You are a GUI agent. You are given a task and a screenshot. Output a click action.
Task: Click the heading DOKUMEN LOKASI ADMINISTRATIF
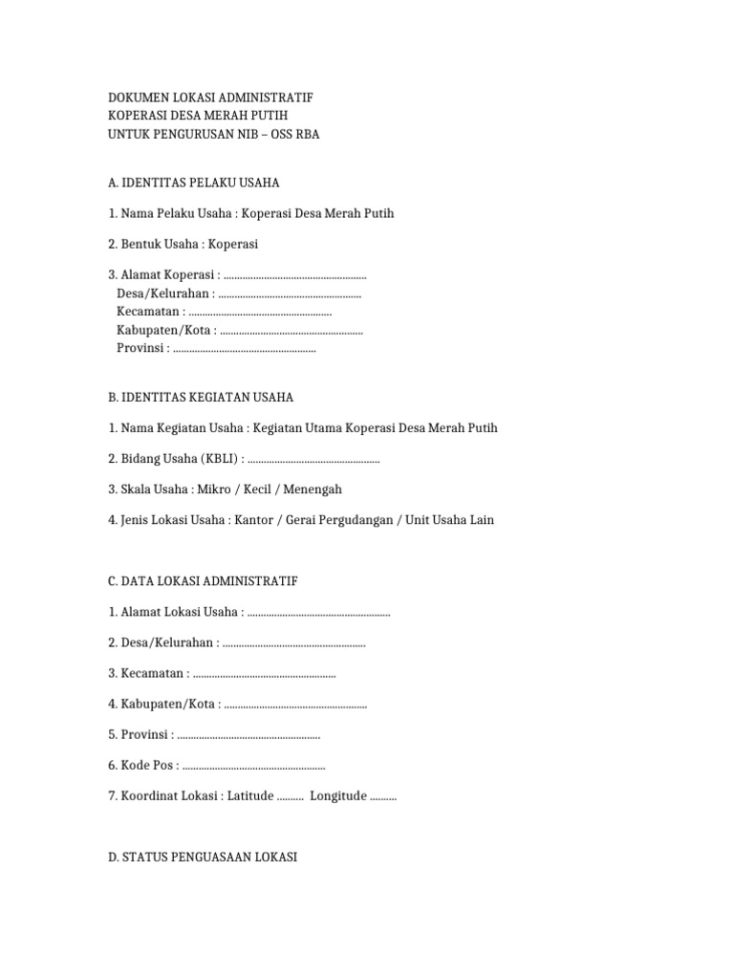210,98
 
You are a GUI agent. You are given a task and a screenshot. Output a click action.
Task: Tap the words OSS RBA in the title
295,135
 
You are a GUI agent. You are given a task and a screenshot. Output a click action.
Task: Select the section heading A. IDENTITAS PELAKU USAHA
194,183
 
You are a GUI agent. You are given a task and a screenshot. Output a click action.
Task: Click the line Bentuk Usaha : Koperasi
183,244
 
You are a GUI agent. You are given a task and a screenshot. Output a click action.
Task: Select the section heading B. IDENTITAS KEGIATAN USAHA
201,397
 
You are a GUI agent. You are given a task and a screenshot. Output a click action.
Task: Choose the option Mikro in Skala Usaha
212,489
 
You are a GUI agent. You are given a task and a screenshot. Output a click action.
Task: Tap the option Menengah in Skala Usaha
311,489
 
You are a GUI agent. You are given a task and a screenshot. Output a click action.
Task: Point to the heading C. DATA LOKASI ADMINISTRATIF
204,581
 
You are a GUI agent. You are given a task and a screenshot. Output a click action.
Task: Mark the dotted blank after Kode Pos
253,766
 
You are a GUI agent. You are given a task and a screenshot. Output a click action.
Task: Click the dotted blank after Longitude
382,796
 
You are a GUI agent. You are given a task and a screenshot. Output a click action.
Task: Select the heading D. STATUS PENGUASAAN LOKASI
203,858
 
